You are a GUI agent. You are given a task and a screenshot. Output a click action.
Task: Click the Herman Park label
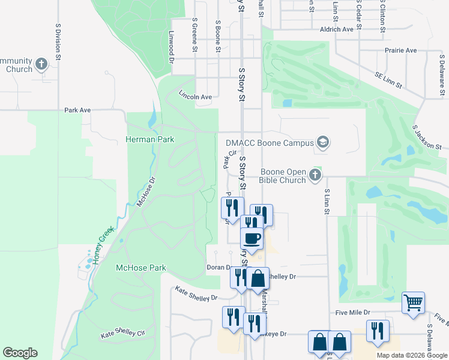point(149,139)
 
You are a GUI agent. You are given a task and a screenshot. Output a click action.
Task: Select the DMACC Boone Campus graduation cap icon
point(323,142)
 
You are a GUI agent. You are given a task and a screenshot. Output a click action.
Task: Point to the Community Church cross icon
point(41,64)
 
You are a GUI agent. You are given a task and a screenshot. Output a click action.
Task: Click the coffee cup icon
point(252,238)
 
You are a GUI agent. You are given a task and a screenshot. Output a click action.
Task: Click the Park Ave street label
point(77,110)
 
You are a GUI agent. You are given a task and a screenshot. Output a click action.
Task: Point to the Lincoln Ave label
point(196,96)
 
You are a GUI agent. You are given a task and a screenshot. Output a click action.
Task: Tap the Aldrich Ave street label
point(337,29)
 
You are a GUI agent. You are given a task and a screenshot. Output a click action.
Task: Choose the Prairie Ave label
point(402,50)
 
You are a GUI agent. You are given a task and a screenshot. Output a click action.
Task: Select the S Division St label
point(58,42)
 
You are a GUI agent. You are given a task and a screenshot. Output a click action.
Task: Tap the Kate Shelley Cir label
point(124,334)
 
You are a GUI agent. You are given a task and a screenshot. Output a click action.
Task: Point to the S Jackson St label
point(427,137)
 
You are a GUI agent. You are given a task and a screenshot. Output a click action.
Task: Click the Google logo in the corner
point(20,353)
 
